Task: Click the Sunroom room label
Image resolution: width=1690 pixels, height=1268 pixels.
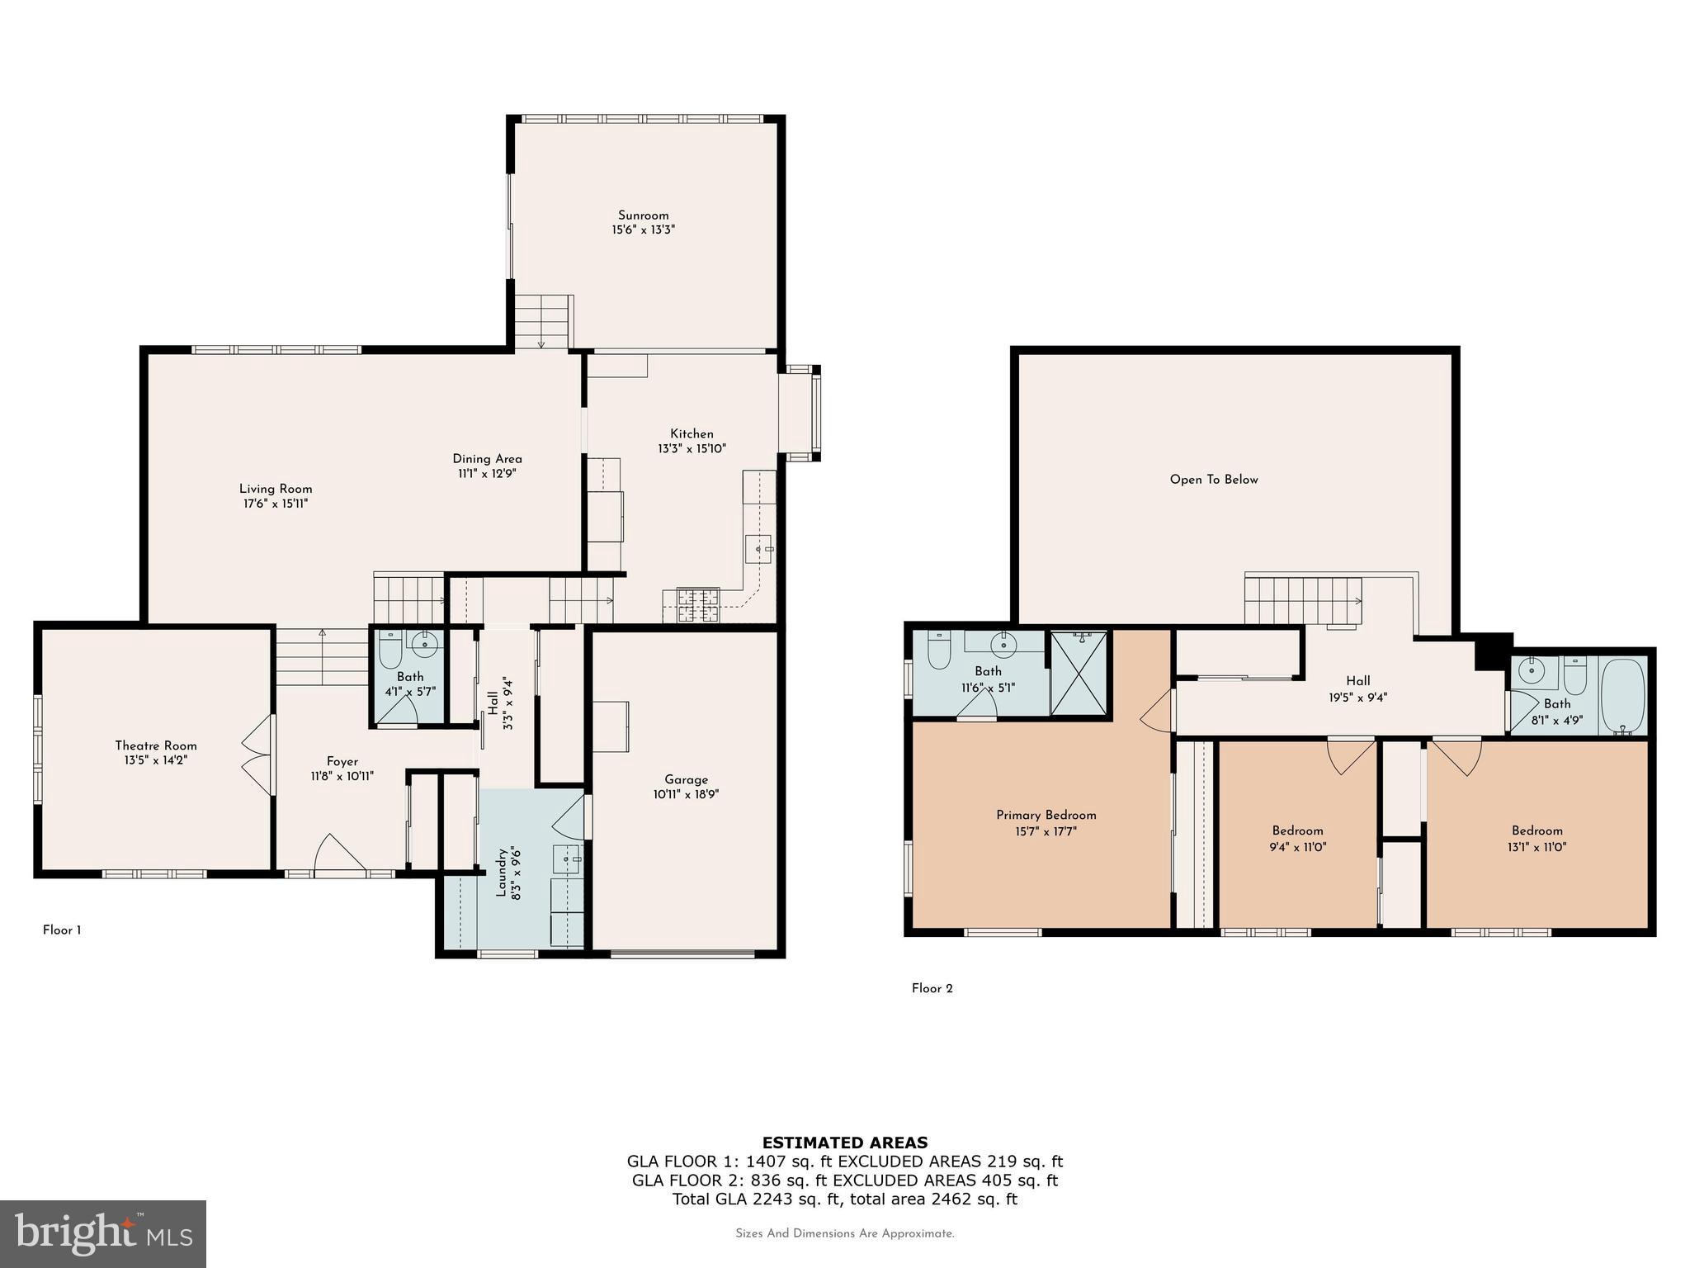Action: pyautogui.click(x=643, y=215)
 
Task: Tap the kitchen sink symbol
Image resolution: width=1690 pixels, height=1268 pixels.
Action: pyautogui.click(x=758, y=548)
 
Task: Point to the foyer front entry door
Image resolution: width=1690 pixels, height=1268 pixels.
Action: pyautogui.click(x=338, y=854)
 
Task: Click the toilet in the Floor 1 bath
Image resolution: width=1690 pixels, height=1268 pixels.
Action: pyautogui.click(x=390, y=650)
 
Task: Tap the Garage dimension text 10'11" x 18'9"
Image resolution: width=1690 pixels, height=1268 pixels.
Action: pyautogui.click(x=686, y=794)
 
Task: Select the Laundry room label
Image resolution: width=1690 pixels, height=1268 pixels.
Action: pyautogui.click(x=500, y=872)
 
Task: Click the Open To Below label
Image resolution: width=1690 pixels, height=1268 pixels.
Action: pyautogui.click(x=1213, y=480)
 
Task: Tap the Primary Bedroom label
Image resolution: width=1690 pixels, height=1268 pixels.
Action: pyautogui.click(x=1046, y=815)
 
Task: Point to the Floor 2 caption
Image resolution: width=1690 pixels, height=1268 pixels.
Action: pyautogui.click(x=932, y=988)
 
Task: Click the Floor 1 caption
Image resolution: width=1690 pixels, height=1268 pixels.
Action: pyautogui.click(x=62, y=930)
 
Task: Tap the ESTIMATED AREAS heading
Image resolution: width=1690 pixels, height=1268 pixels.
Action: pyautogui.click(x=844, y=1143)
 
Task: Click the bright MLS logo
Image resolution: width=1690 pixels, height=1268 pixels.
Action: pyautogui.click(x=102, y=1233)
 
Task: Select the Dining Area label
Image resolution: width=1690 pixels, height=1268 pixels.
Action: pyautogui.click(x=487, y=459)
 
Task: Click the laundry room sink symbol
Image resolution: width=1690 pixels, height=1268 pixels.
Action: pyautogui.click(x=568, y=859)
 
